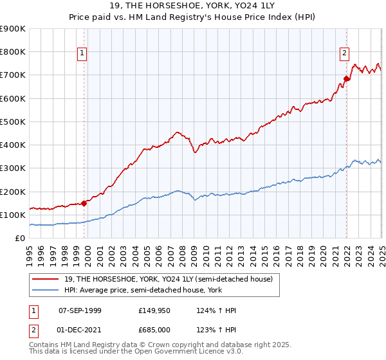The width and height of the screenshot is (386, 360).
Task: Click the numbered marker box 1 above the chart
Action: click(x=83, y=54)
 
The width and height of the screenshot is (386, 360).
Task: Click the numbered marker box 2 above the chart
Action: click(x=345, y=54)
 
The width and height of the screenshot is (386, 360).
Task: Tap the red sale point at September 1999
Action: click(x=84, y=203)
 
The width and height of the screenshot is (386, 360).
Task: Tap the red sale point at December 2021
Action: click(x=345, y=79)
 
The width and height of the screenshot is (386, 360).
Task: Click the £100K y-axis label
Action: click(x=13, y=215)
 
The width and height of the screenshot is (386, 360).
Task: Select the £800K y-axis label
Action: click(x=13, y=52)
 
